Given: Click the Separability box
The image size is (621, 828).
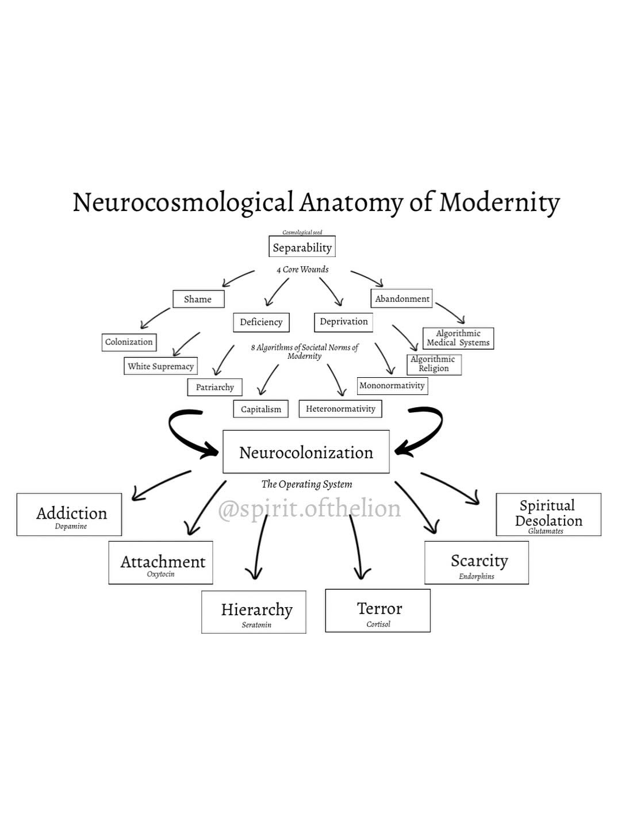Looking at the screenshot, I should (x=302, y=247).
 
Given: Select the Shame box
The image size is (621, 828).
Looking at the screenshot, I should (x=198, y=299).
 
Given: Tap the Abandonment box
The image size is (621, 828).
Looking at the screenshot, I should (x=402, y=298).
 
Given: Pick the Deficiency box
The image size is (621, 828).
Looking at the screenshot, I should (x=261, y=322).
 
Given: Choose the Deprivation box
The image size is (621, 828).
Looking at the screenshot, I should (x=343, y=321).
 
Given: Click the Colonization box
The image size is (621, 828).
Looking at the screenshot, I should (x=129, y=342).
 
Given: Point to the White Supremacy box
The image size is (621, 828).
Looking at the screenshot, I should (x=160, y=366).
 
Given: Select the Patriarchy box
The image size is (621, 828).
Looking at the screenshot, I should (x=214, y=387).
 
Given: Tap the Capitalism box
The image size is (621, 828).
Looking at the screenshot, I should (x=260, y=409).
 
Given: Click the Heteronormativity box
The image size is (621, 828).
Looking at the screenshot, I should (x=340, y=409).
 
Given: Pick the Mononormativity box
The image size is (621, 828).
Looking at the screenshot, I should (x=392, y=385).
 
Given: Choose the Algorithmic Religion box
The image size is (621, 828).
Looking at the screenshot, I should (x=434, y=364).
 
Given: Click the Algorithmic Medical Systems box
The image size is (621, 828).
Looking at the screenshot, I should (x=458, y=338).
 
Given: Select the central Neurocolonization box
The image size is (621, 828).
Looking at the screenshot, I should (x=306, y=453).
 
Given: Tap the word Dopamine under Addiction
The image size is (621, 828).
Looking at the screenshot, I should (x=71, y=527).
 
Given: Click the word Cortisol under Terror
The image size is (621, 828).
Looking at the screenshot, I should (x=378, y=624).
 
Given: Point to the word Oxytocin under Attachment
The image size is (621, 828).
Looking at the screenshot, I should (x=160, y=574).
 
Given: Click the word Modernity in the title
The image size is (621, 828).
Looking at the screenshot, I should (x=499, y=202).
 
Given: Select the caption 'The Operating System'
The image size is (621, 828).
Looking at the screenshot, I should (x=306, y=484).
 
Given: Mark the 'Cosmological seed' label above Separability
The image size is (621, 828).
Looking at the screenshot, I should (x=302, y=233).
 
